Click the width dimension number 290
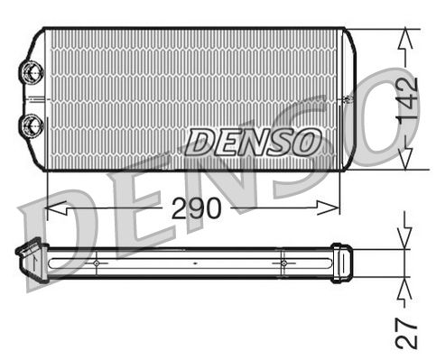[196, 208]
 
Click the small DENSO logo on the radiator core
[254, 142]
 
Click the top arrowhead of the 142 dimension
[406, 36]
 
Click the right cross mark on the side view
[283, 263]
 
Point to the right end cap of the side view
[340, 262]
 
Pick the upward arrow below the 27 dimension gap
[406, 288]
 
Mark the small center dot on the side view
[195, 263]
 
